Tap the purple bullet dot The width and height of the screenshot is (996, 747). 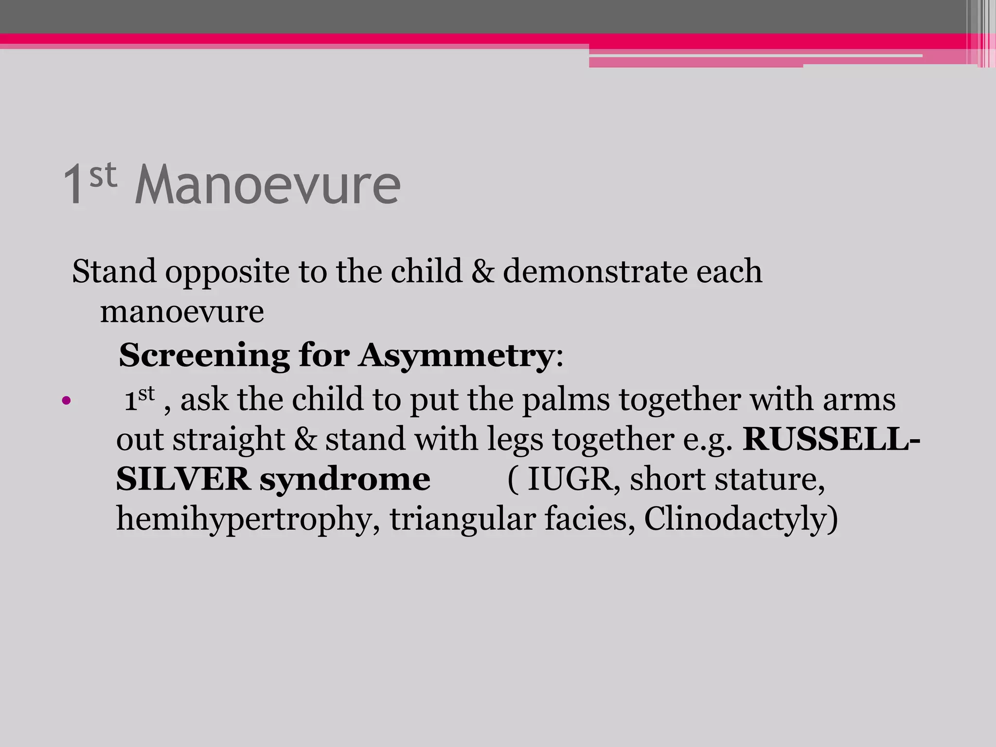(x=67, y=401)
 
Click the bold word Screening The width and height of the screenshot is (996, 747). (x=204, y=355)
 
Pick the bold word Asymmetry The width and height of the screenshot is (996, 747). (x=456, y=356)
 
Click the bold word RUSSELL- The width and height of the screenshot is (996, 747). (x=831, y=439)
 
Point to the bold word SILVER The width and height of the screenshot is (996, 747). (x=183, y=480)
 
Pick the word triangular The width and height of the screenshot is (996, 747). (x=462, y=519)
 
